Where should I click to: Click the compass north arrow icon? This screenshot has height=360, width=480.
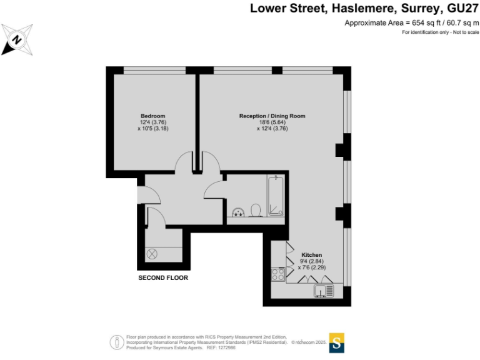tap(17, 39)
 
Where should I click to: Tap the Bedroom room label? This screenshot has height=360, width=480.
tap(152, 116)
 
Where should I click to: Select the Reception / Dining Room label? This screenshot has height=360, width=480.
tap(272, 116)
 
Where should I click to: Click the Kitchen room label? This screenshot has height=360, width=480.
tap(311, 255)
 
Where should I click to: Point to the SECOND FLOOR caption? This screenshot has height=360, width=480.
tap(163, 277)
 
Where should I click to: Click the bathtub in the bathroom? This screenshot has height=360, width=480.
tap(276, 195)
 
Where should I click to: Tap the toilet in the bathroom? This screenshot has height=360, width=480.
tap(256, 209)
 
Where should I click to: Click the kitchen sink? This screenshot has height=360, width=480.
tap(325, 291)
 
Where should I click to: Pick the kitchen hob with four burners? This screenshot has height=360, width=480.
tap(278, 274)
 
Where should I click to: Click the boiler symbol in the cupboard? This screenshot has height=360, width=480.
tap(153, 254)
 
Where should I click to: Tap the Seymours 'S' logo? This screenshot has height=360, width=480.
tap(337, 342)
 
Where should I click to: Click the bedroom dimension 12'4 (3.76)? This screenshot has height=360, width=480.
tap(152, 122)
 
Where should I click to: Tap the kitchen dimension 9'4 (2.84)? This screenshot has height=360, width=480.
tap(311, 261)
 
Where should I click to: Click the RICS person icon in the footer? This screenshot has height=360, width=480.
tap(116, 342)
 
